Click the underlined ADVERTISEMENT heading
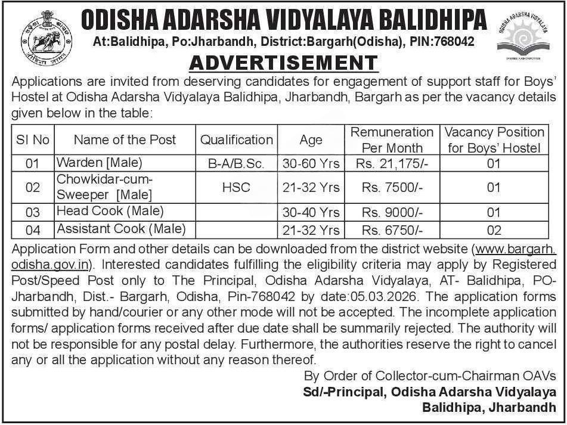click(x=283, y=63)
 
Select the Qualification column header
click(x=236, y=140)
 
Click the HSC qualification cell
click(x=236, y=187)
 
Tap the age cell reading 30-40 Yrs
click(x=311, y=212)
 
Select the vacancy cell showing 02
click(x=494, y=230)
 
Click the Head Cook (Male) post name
click(x=110, y=211)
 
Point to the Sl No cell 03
click(x=33, y=212)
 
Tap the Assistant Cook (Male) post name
click(x=121, y=229)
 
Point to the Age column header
click(x=311, y=140)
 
